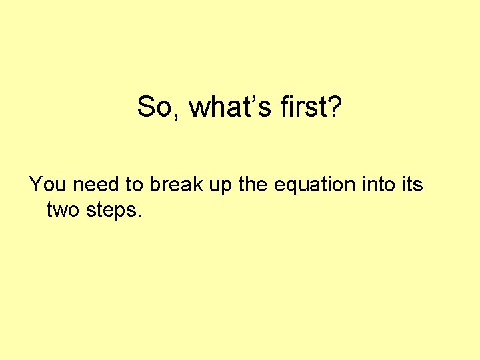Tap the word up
coord(221,185)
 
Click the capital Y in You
coord(35,184)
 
